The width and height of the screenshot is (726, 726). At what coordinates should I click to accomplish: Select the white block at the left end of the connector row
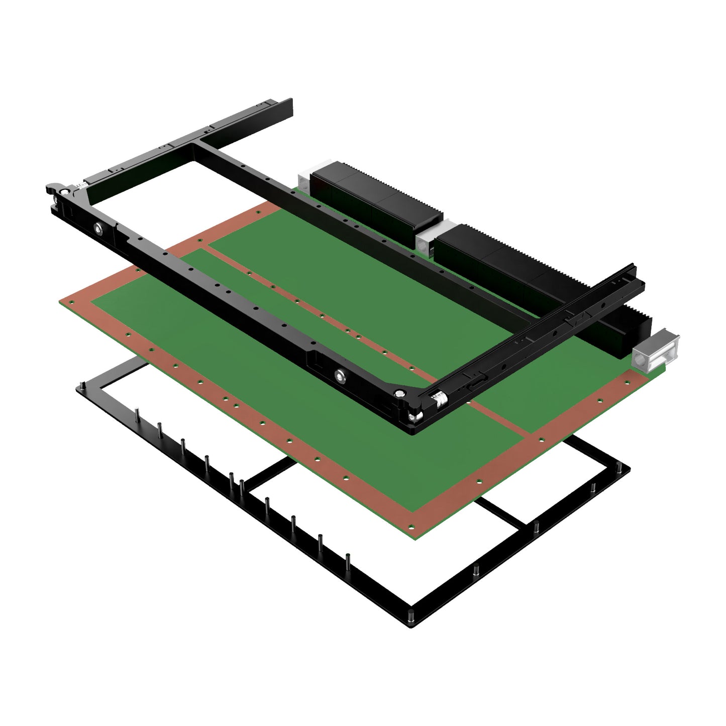point(305,180)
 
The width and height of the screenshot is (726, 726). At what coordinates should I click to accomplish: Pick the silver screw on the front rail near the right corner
point(342,374)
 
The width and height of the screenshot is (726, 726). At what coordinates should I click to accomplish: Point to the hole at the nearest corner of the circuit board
point(412,527)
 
